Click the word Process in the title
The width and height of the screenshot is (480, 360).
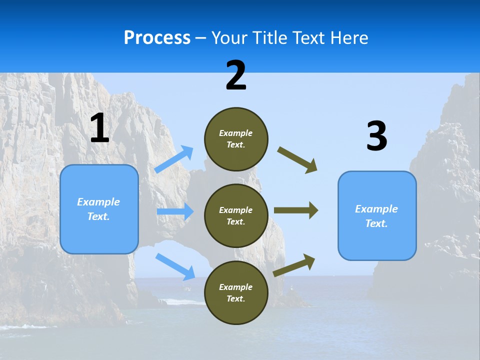157,38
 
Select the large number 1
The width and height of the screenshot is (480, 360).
99,128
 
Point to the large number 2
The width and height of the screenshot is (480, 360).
236,75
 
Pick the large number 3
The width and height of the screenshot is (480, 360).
376,136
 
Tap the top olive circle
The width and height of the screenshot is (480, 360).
236,139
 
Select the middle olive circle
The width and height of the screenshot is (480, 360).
236,215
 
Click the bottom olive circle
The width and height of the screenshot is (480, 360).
236,292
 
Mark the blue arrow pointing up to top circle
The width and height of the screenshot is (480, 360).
174,159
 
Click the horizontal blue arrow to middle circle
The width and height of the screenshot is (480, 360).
175,211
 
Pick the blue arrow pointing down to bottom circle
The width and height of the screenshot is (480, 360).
175,266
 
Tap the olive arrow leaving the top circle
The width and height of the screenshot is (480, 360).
297,160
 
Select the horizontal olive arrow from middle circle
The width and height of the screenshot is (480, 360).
296,210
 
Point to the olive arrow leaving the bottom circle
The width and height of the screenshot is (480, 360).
294,265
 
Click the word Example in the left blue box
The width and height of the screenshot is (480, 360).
98,202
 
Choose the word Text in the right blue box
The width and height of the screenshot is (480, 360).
376,223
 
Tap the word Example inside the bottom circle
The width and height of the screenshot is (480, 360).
236,287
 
